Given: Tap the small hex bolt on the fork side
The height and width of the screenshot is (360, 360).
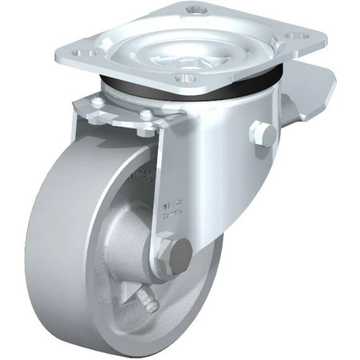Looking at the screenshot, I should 262,134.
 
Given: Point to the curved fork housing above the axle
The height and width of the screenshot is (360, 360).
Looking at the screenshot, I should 216,162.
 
